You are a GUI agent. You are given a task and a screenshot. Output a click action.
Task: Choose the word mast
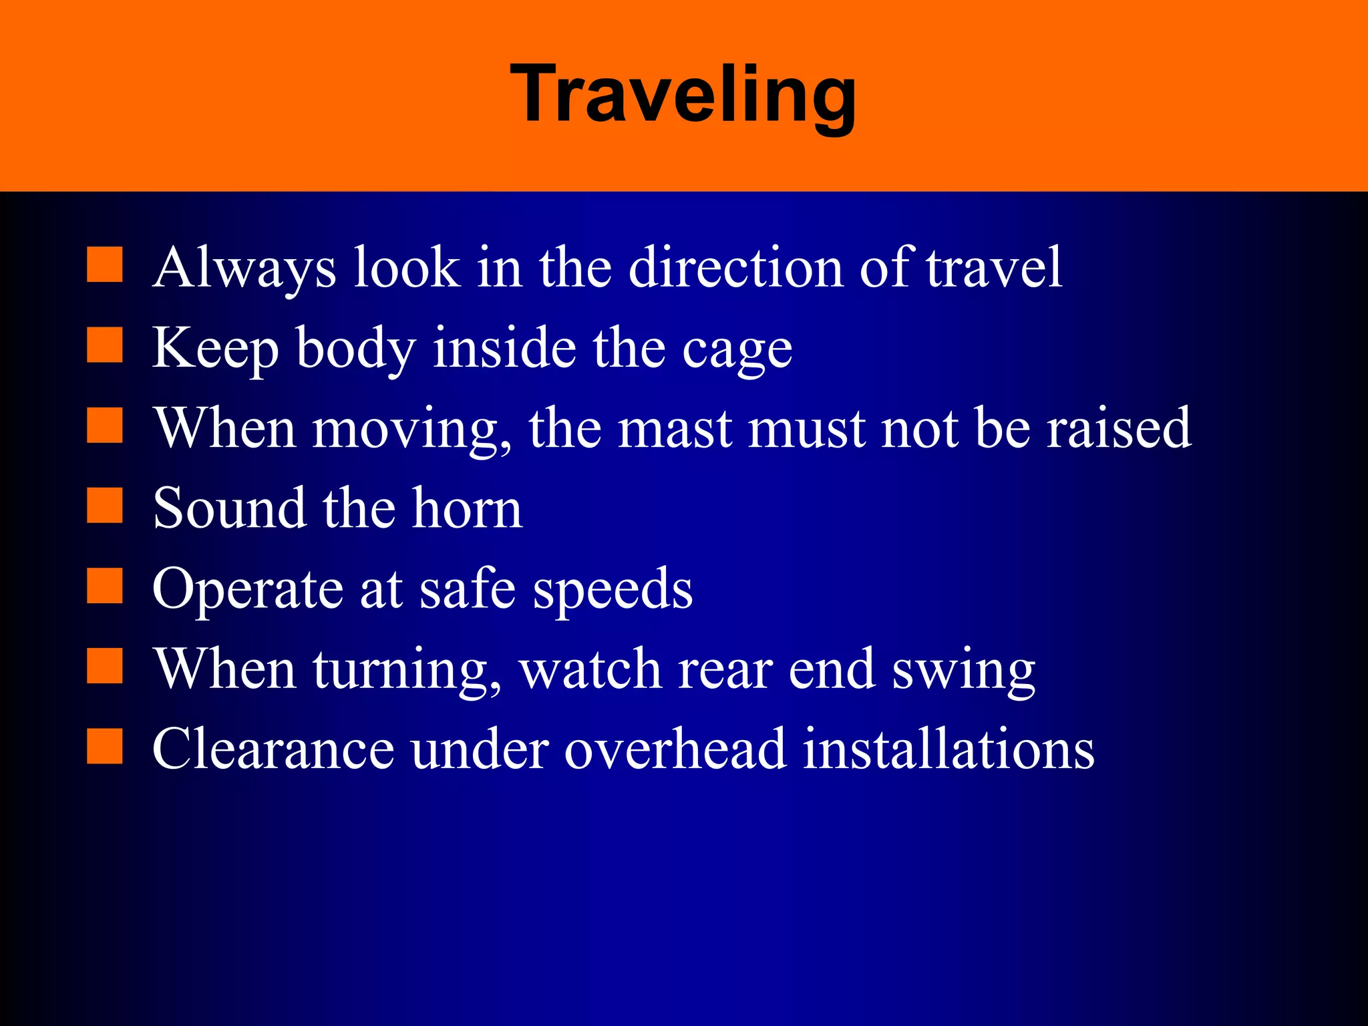(674, 428)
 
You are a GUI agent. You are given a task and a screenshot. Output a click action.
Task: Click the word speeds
(613, 590)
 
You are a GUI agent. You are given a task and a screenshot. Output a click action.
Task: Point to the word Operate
(248, 590)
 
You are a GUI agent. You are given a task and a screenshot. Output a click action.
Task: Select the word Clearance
(273, 749)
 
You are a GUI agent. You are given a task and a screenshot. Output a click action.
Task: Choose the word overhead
(675, 749)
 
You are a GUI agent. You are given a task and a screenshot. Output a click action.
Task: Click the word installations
(949, 749)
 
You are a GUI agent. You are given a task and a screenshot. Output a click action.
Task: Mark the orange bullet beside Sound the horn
(105, 506)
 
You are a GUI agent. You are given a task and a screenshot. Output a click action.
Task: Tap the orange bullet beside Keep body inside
(105, 345)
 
